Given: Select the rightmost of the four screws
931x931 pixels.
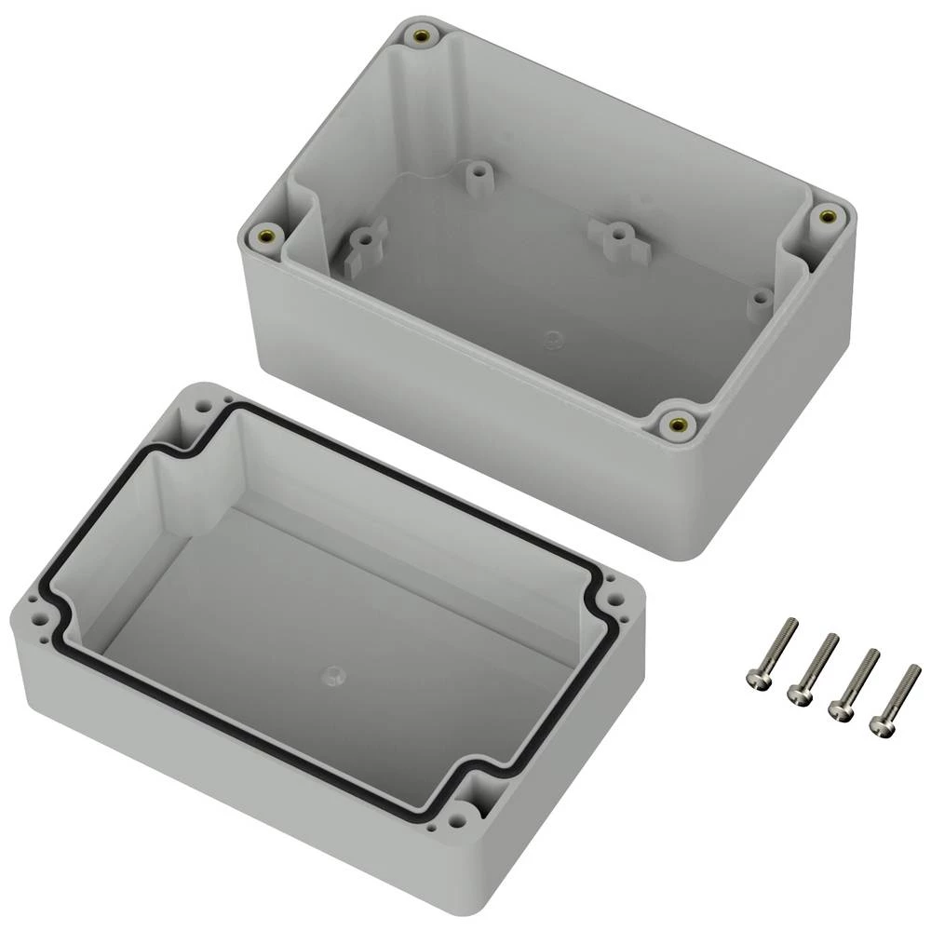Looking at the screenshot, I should (895, 698).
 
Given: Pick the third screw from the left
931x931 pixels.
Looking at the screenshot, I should (854, 683).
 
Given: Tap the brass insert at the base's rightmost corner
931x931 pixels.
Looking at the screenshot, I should (824, 216).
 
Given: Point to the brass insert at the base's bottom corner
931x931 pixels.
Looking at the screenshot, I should (675, 425).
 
